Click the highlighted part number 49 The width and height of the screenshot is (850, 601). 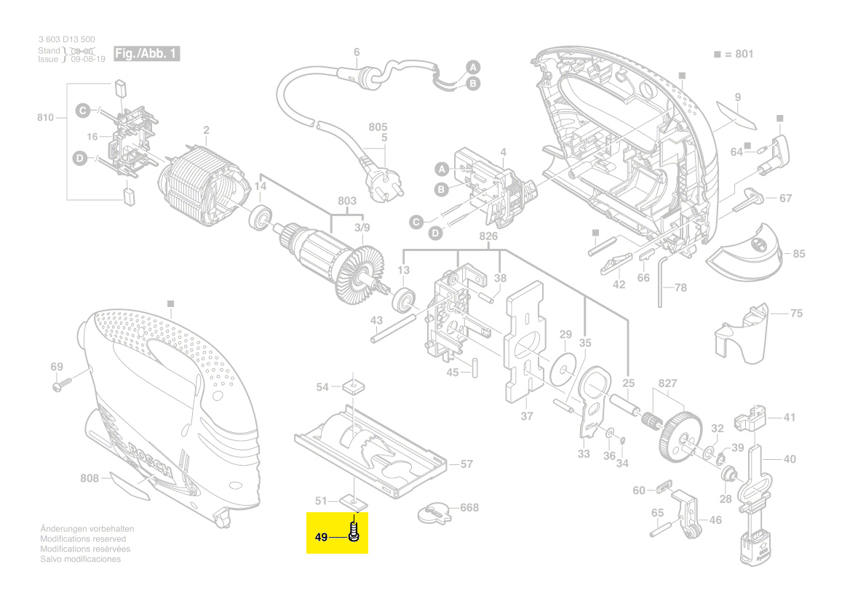(321, 538)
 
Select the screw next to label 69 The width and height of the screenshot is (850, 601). (61, 386)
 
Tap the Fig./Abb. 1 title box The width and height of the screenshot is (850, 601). (146, 54)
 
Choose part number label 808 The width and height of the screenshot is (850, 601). (89, 478)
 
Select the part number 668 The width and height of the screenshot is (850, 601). (469, 507)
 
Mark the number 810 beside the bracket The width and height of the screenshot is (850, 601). (46, 116)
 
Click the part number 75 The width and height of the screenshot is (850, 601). (796, 313)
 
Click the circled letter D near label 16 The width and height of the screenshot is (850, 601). (79, 158)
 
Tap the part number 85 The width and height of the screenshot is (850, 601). (798, 254)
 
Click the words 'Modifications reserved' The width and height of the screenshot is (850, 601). (83, 539)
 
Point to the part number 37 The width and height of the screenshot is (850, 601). (527, 416)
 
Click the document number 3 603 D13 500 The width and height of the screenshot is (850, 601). (66, 39)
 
